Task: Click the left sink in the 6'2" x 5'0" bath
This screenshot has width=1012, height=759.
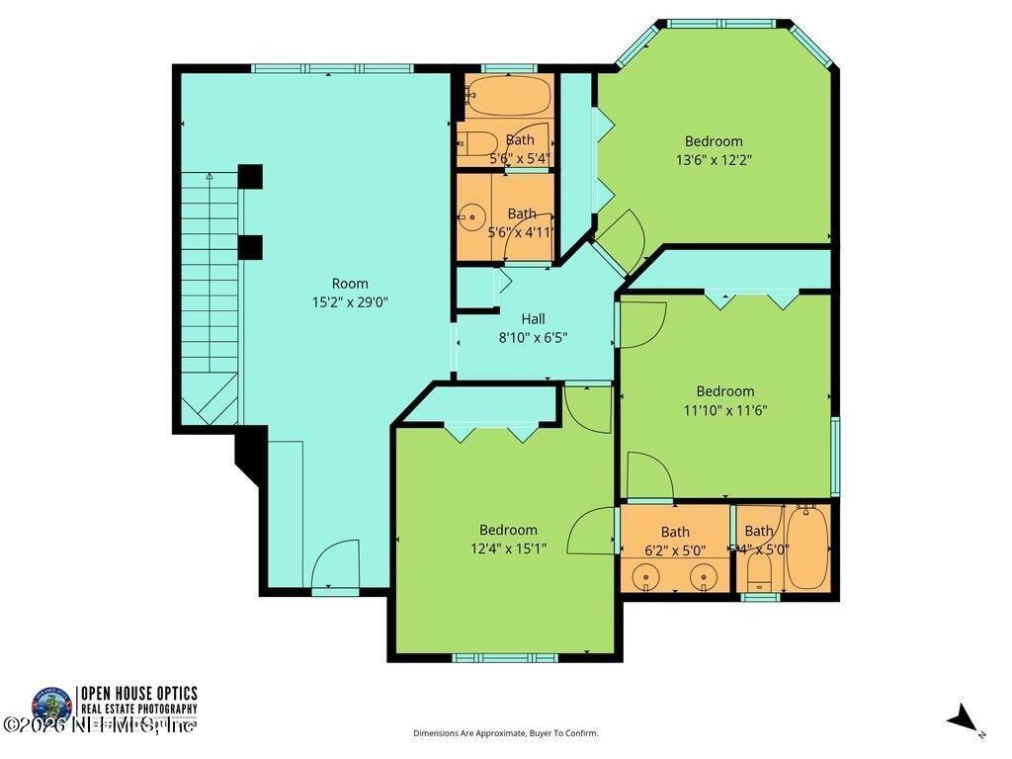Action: tap(646, 574)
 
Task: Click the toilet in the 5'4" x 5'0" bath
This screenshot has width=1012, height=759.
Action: tap(759, 570)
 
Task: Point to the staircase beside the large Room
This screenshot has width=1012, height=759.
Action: tap(210, 296)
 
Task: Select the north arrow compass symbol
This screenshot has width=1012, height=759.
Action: tap(964, 719)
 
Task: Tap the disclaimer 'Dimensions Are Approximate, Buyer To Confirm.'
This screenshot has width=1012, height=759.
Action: tap(505, 733)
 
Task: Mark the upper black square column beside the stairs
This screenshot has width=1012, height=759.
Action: tap(250, 176)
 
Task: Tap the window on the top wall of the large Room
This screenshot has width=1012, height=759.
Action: tap(332, 68)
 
